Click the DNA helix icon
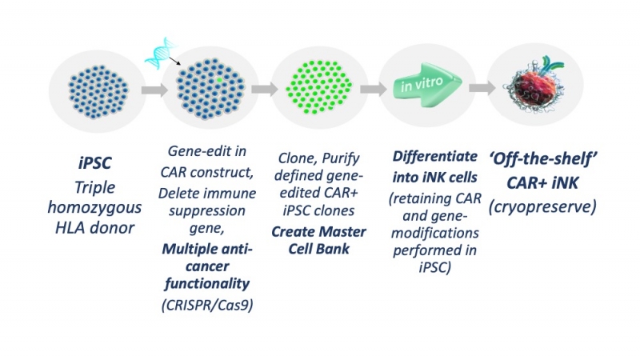coord(158,54)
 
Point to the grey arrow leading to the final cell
coord(477,89)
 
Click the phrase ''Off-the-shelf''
coord(533,158)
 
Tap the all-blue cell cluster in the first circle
coord(87,87)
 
